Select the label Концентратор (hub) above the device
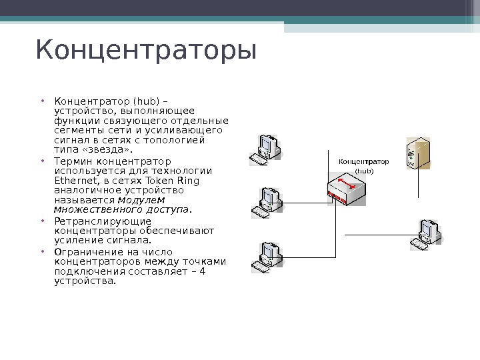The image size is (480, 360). coord(363,165)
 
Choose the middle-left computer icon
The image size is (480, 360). coord(269,201)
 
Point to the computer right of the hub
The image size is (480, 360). coord(426,234)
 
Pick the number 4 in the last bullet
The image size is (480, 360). coord(202,271)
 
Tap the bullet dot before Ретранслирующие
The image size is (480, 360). coord(42,221)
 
